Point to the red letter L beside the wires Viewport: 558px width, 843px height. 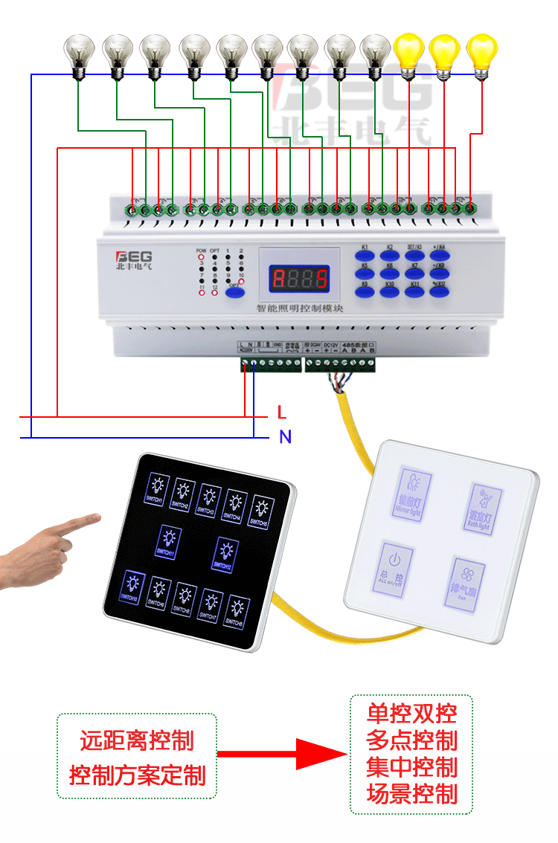281,412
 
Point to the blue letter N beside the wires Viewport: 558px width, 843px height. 285,437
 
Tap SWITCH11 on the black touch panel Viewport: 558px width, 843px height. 169,540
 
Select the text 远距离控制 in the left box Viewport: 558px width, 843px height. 137,740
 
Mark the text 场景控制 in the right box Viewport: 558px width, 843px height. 411,795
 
